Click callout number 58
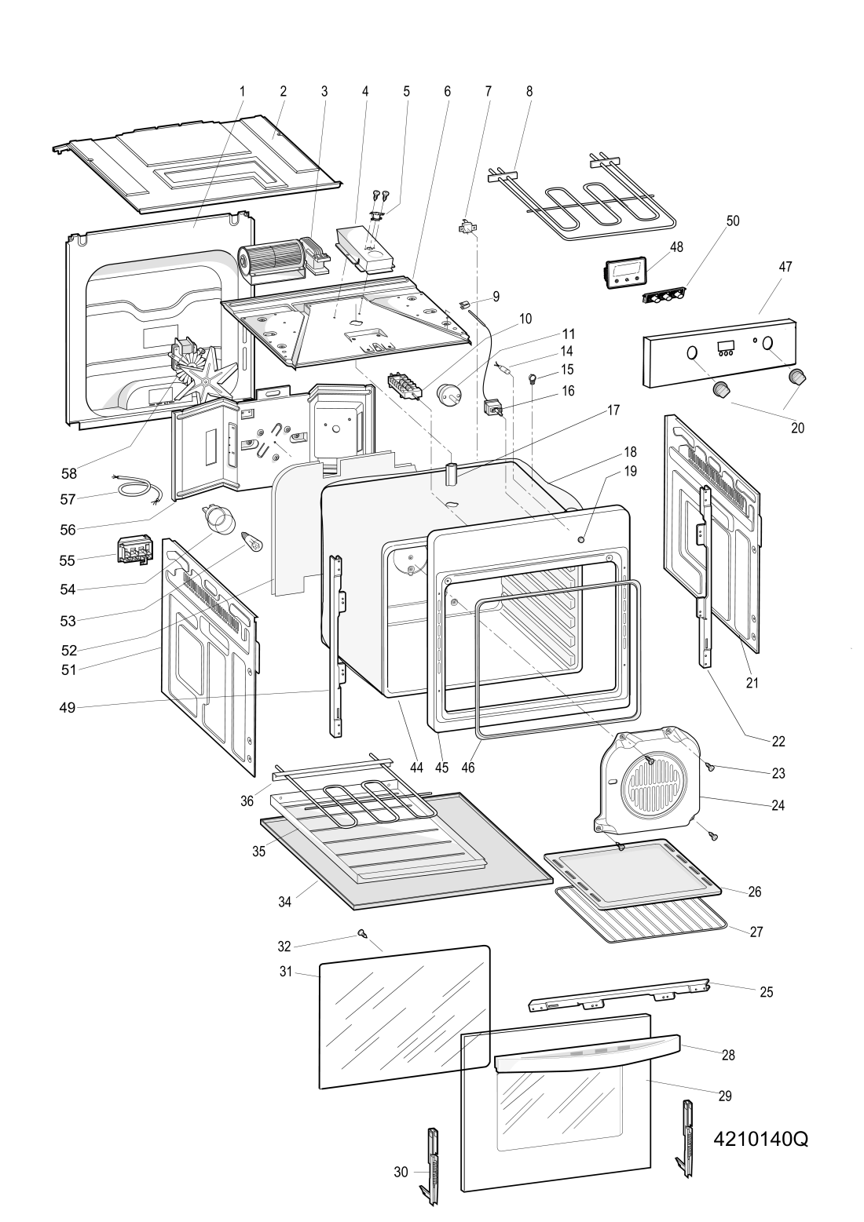tap(69, 473)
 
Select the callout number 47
tap(785, 267)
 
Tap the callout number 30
tap(401, 1172)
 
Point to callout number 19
tap(630, 472)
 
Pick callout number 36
tap(247, 801)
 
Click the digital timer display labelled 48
tap(628, 272)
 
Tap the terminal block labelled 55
tap(134, 550)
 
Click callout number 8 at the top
tap(529, 91)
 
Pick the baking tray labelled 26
tap(633, 872)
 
